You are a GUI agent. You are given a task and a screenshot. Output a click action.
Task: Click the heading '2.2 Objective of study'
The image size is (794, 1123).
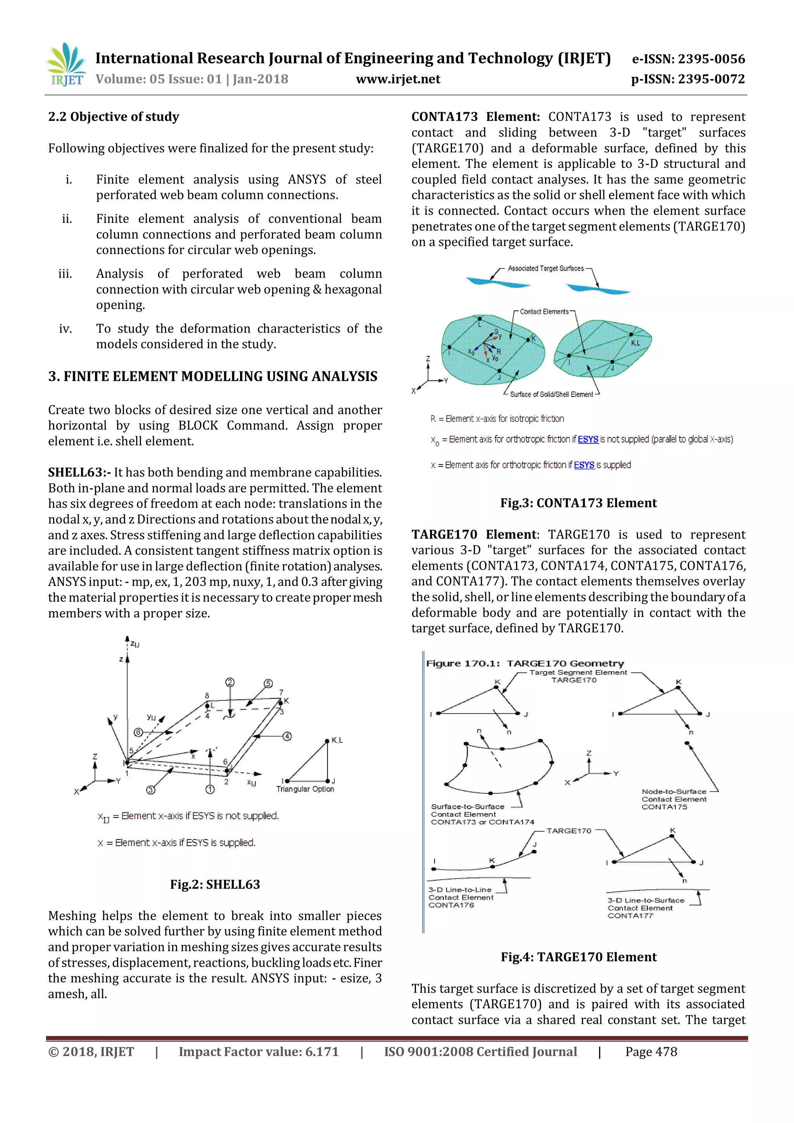point(114,117)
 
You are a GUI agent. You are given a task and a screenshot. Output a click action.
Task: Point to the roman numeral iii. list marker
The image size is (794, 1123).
point(65,274)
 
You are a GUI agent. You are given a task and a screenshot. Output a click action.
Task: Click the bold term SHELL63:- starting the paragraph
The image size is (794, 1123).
point(79,472)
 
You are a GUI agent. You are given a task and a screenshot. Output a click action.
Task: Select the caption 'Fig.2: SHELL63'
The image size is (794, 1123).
point(215,884)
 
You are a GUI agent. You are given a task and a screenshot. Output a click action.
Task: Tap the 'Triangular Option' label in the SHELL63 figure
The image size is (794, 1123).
point(305,789)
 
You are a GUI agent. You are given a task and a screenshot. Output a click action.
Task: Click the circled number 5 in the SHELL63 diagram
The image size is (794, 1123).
point(268,683)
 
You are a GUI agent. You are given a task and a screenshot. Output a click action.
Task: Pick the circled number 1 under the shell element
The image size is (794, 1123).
point(210,789)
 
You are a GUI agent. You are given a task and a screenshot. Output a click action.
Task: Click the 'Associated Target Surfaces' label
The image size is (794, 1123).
point(545,268)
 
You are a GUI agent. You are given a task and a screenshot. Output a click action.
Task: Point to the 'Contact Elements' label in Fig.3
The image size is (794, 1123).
point(544,311)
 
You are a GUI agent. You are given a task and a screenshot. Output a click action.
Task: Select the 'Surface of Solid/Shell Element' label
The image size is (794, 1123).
point(551,394)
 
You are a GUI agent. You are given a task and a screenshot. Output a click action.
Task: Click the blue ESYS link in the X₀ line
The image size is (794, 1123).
point(588,439)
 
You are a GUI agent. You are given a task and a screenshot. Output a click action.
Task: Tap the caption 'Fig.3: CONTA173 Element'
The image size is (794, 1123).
point(578,503)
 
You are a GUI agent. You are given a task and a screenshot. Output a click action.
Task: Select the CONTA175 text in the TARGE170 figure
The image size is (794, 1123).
point(664,807)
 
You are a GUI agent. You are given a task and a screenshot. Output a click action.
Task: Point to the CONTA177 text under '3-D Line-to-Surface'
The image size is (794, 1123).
point(630,916)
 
